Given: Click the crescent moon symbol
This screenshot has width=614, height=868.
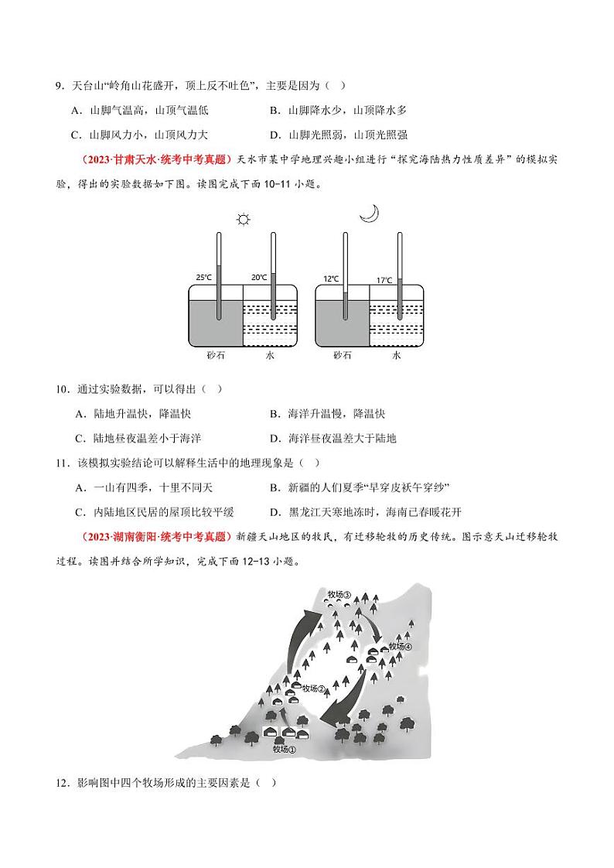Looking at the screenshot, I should [370, 213].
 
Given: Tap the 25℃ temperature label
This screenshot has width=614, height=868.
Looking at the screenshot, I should [203, 276].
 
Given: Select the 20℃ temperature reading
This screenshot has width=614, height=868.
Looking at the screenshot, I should [258, 277].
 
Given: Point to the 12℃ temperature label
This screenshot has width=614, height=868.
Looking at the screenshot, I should [330, 278].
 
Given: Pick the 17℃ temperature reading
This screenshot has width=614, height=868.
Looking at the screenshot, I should [384, 280].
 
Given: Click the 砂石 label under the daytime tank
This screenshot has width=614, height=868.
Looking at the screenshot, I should [215, 355].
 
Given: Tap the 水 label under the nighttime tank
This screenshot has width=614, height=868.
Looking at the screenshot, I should [397, 355].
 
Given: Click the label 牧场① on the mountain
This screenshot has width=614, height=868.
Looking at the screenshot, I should [285, 748].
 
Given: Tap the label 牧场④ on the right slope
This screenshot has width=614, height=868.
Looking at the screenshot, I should [400, 646].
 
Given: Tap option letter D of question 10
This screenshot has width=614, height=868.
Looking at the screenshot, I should [274, 438].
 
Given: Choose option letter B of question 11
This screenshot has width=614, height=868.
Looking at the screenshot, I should [274, 487].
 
